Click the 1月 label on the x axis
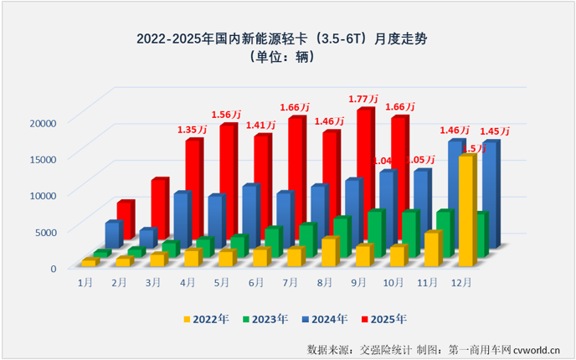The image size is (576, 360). tap(85, 283)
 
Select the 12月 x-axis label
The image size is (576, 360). tap(462, 283)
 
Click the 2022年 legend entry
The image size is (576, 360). tap(206, 318)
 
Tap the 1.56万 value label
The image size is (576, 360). tap(227, 115)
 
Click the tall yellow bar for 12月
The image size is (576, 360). tap(466, 209)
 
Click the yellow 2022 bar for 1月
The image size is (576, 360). tap(88, 262)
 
